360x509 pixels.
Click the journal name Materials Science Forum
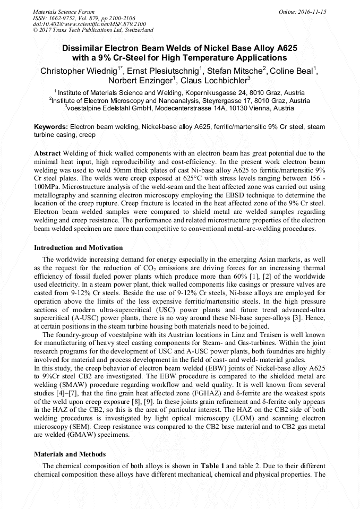tap(64, 12)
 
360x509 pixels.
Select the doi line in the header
tap(89, 24)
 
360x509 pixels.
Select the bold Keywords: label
tap(51, 127)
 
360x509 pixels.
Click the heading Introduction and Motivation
tap(78, 248)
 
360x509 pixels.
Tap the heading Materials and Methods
tap(70, 454)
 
